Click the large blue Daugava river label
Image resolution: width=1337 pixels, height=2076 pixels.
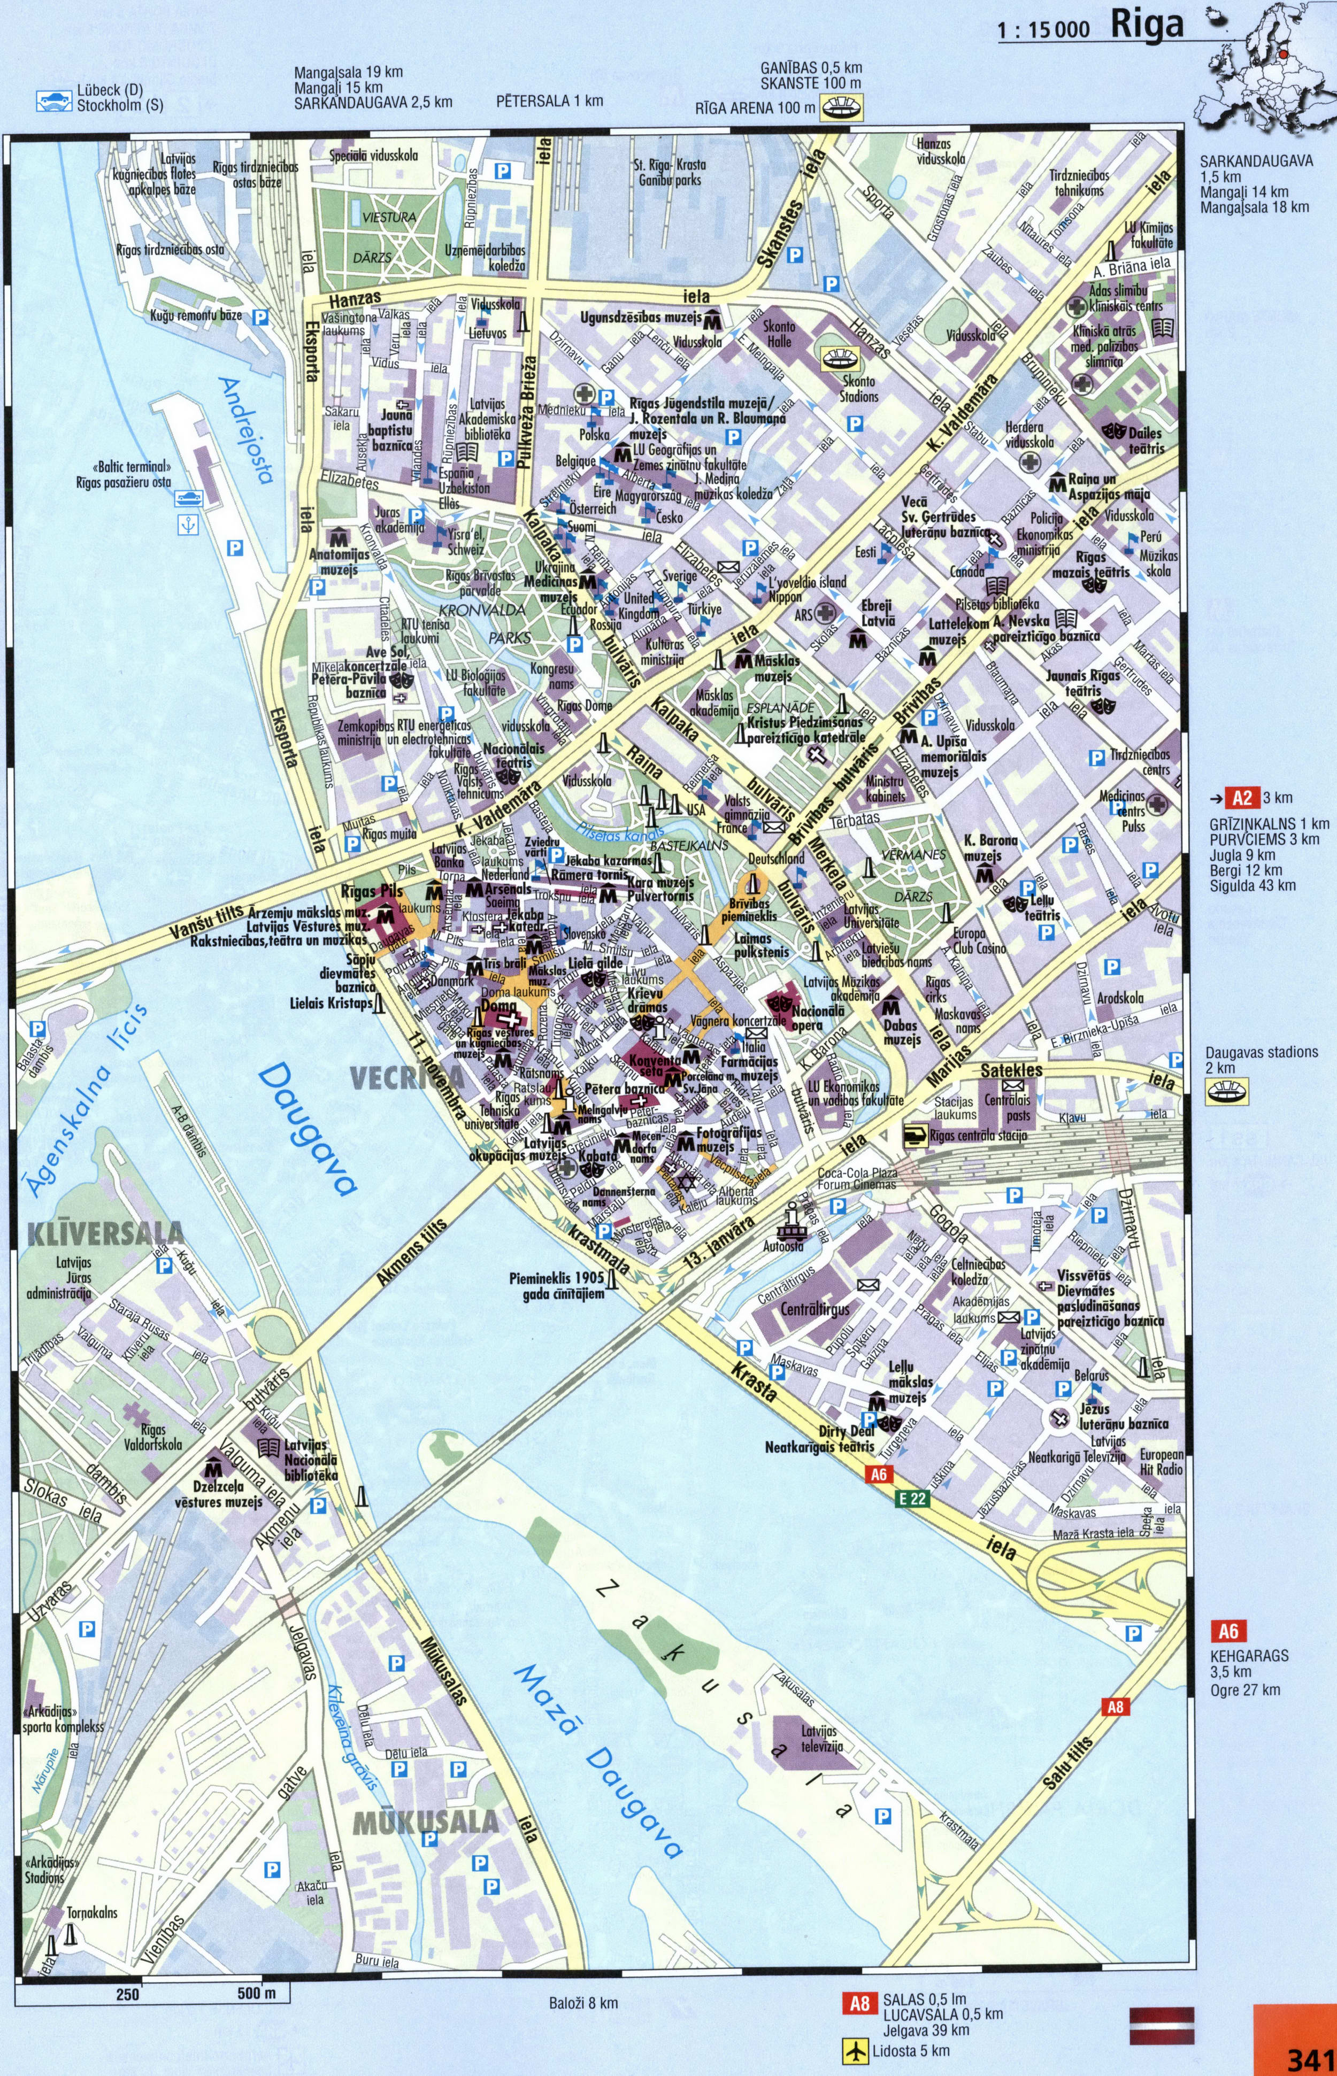[308, 1132]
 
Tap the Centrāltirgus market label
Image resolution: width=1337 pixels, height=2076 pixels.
[815, 1309]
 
